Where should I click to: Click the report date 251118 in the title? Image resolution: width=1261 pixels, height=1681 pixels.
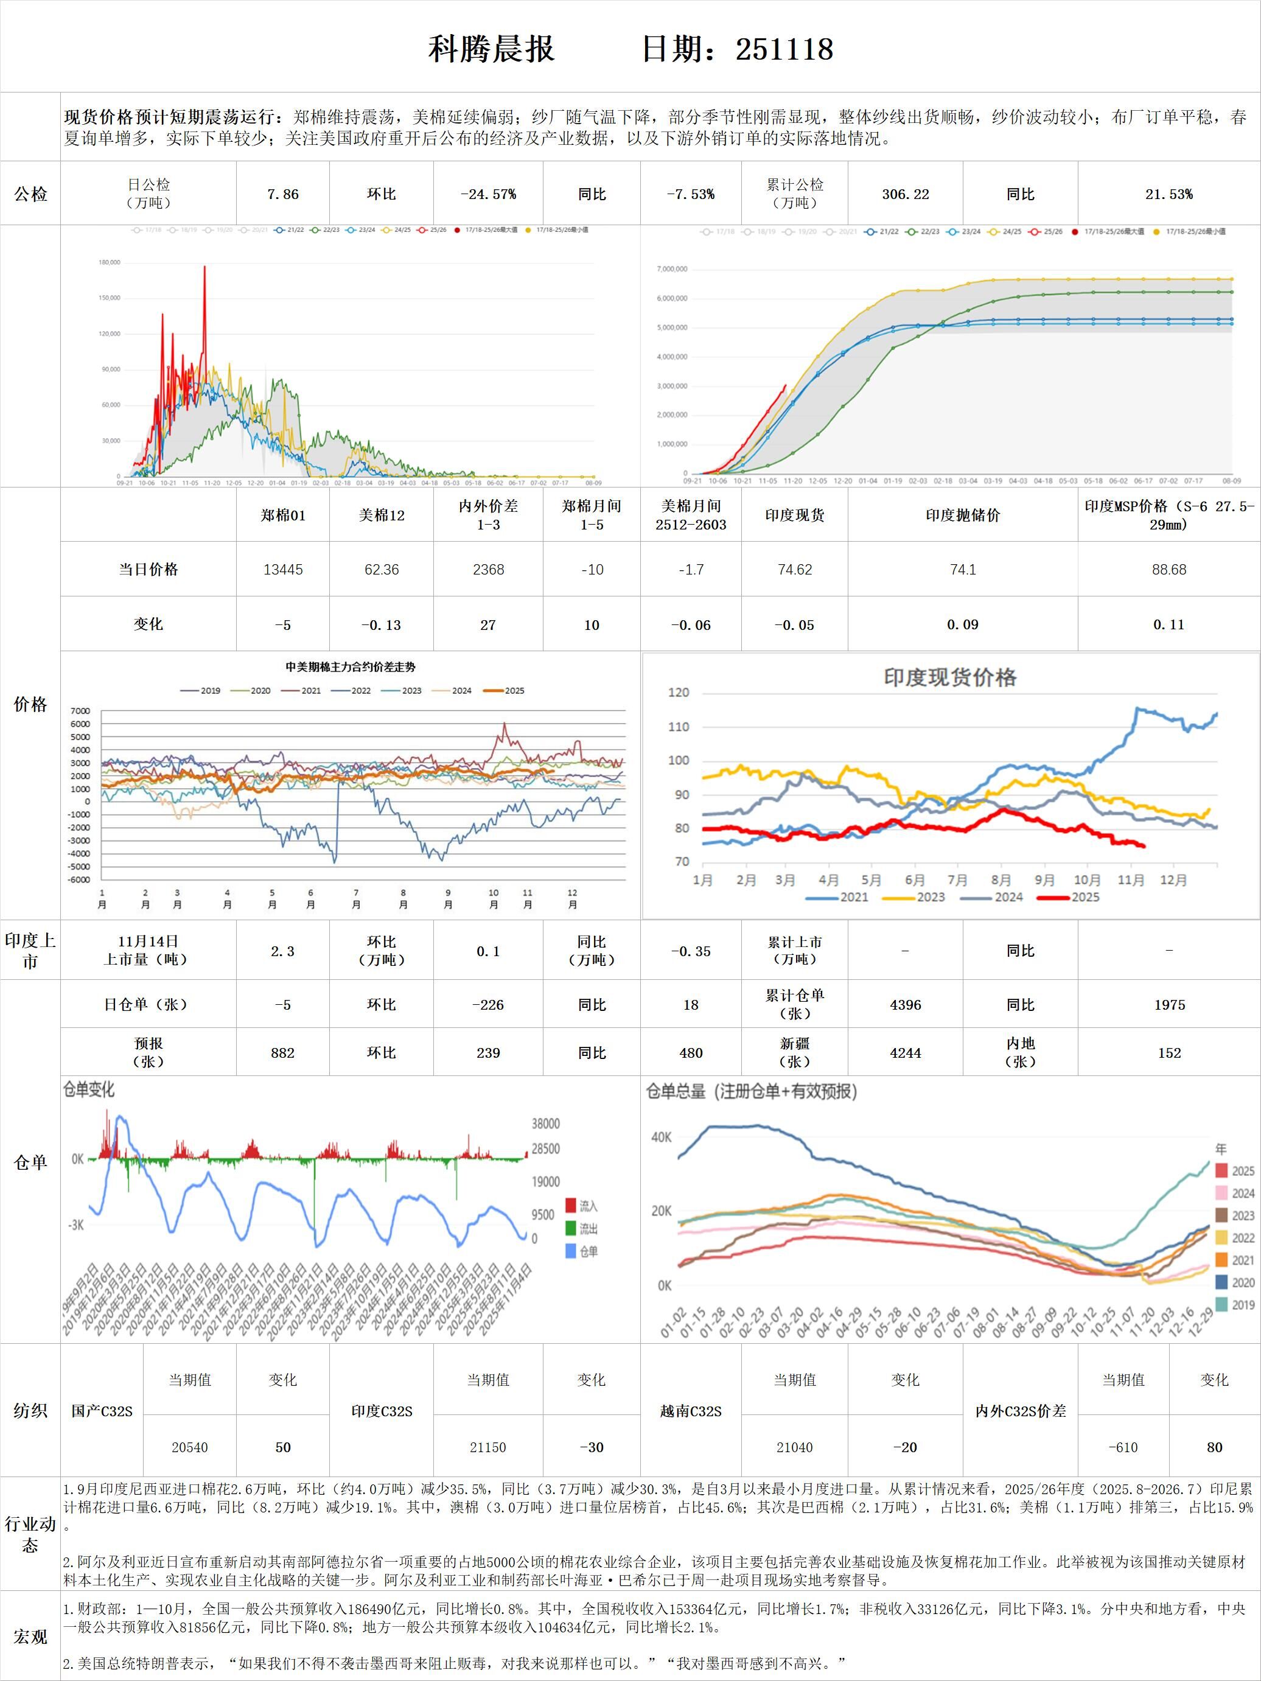click(784, 49)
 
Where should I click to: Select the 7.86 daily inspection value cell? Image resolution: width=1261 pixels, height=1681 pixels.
click(283, 195)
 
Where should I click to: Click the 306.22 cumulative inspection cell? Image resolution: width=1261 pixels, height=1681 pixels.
click(905, 195)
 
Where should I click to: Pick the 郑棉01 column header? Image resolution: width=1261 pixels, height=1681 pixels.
click(283, 515)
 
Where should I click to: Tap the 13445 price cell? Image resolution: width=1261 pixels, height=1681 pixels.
click(283, 569)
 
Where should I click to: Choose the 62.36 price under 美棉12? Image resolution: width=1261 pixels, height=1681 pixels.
click(382, 569)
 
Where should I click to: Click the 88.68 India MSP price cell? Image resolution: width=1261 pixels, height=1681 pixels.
click(1168, 569)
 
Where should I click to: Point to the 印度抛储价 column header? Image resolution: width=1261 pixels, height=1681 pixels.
click(962, 515)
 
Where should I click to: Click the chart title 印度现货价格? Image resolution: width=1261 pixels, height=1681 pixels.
click(949, 677)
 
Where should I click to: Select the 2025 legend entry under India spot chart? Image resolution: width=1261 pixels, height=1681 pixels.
click(1074, 896)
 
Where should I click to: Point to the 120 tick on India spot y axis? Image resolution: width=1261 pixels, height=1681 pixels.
click(678, 693)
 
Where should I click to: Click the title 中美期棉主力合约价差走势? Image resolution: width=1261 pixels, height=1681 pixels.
click(351, 667)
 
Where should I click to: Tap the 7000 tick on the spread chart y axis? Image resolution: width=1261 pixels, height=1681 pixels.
click(80, 711)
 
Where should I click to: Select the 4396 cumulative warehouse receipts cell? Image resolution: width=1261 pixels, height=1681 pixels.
click(905, 1005)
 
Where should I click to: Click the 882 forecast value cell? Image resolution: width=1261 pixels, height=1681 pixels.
click(283, 1052)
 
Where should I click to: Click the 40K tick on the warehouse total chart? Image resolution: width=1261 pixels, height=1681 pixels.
click(662, 1137)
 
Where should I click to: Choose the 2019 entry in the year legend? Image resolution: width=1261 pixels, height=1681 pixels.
click(1235, 1305)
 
